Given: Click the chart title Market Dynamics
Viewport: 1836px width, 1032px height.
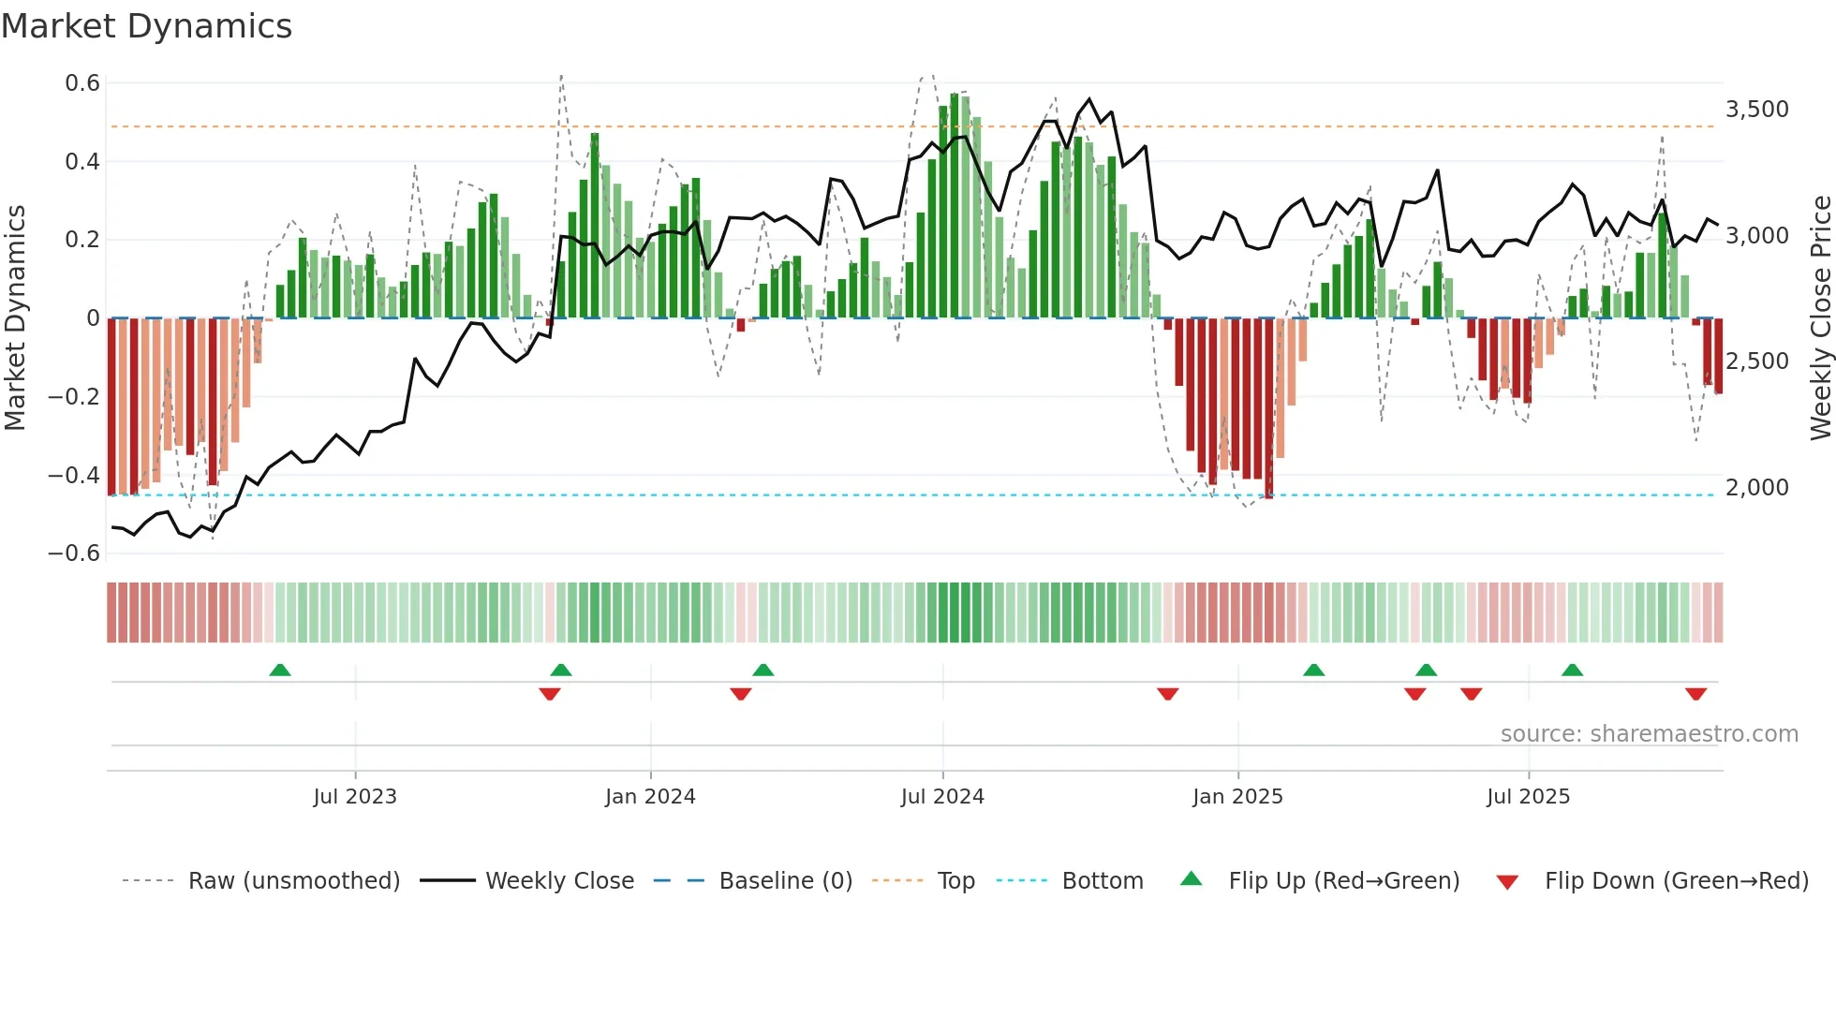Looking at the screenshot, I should tap(146, 26).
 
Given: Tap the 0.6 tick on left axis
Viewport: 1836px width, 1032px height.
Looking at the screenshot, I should tap(82, 83).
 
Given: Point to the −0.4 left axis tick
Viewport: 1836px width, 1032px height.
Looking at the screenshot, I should tap(74, 475).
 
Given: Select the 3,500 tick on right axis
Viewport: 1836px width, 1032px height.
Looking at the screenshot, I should tap(1757, 110).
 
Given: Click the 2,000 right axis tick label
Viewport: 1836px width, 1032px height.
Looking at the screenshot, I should tap(1757, 488).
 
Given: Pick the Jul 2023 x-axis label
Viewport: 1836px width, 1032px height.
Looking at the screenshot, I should tap(355, 797).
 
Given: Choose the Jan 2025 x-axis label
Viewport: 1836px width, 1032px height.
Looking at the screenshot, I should tap(1237, 797).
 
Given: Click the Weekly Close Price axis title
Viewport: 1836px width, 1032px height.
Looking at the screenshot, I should tap(1820, 318).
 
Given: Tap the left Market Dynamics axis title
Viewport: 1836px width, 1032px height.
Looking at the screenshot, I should tap(15, 318).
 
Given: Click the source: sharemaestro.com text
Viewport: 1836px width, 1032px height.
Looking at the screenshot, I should tap(1649, 734).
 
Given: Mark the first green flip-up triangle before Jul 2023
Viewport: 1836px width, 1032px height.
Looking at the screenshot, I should tap(280, 670).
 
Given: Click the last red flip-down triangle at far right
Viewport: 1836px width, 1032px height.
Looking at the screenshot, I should tap(1695, 694).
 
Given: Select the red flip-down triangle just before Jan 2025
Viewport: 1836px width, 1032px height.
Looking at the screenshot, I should tap(1167, 694).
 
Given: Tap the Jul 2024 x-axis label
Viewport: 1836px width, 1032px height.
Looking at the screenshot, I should tap(942, 797).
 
